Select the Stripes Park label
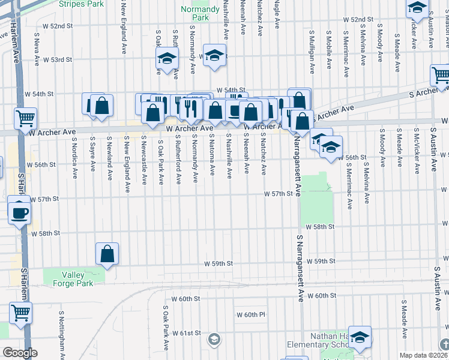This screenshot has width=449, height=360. click(81, 3)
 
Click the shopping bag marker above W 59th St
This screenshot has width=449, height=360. click(107, 254)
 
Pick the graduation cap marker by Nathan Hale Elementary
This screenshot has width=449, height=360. click(360, 338)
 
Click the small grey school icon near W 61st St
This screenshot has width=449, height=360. click(214, 340)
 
